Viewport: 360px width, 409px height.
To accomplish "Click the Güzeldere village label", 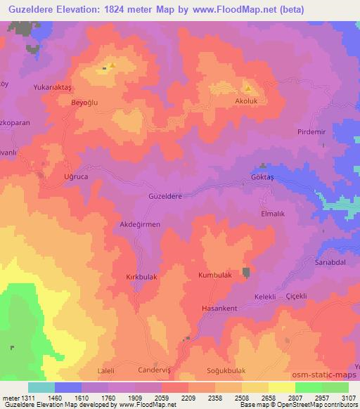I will [165, 197].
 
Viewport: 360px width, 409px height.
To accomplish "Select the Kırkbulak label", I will [141, 276].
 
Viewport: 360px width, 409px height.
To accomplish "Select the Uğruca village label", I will [76, 176].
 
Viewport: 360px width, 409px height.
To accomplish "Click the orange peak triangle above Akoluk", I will [247, 89].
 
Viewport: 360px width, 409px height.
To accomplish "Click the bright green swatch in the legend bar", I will [308, 387].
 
